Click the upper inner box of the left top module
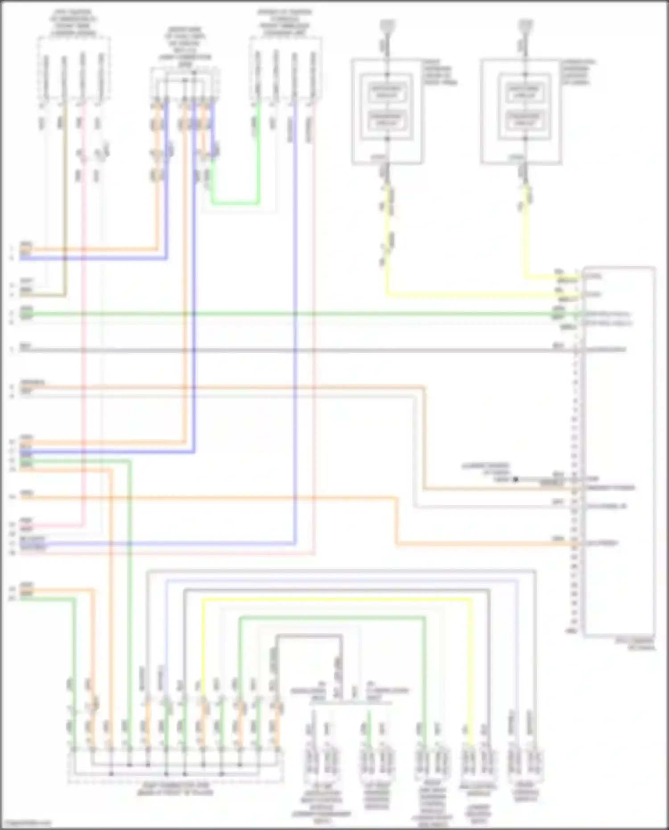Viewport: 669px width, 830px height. click(x=387, y=91)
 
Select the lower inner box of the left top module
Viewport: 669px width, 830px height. click(x=387, y=119)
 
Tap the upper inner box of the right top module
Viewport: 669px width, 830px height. click(x=525, y=91)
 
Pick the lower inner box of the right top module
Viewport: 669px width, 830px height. click(x=525, y=119)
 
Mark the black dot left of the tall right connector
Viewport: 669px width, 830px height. click(x=516, y=479)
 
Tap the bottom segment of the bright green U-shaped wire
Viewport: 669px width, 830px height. click(x=235, y=203)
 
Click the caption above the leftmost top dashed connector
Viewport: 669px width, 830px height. click(x=74, y=23)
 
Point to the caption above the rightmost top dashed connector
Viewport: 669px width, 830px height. click(x=285, y=23)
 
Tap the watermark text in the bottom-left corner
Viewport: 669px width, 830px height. click(x=26, y=823)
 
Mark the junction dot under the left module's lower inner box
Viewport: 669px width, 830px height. click(x=387, y=139)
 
